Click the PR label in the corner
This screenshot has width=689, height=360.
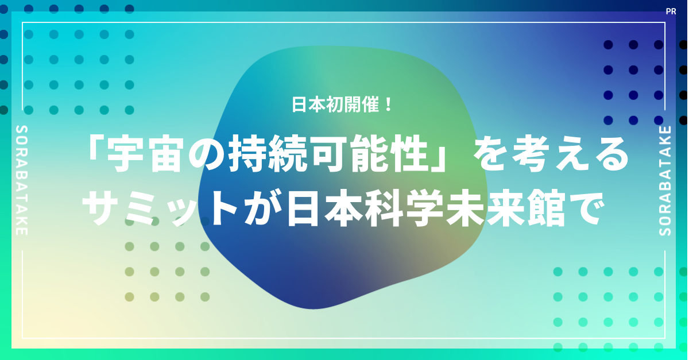tap(671, 11)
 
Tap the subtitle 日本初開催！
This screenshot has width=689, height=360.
tap(342, 104)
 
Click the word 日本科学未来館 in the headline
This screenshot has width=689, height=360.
tap(425, 208)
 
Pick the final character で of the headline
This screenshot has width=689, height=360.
tap(585, 208)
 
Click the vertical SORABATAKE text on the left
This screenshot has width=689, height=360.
tap(22, 180)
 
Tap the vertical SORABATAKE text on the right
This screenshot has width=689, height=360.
tap(665, 180)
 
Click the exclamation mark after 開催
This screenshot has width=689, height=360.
tap(388, 104)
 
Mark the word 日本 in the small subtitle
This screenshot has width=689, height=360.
tap(308, 104)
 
